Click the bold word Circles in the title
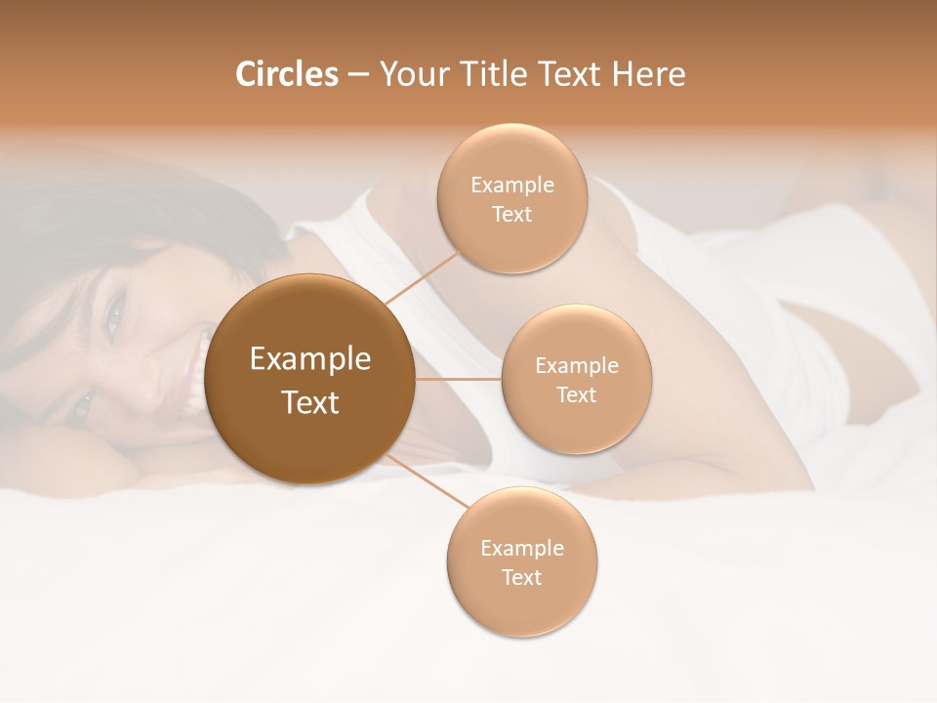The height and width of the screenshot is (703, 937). pyautogui.click(x=287, y=74)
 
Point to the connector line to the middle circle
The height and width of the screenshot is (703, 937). pyautogui.click(x=458, y=379)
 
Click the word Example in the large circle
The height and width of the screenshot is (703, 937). pyautogui.click(x=310, y=359)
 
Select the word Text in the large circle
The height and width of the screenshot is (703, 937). pyautogui.click(x=310, y=402)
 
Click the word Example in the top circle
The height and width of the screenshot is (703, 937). pyautogui.click(x=512, y=185)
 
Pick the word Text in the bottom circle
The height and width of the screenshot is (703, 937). pyautogui.click(x=521, y=577)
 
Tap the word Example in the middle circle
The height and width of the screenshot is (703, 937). pyautogui.click(x=577, y=365)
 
